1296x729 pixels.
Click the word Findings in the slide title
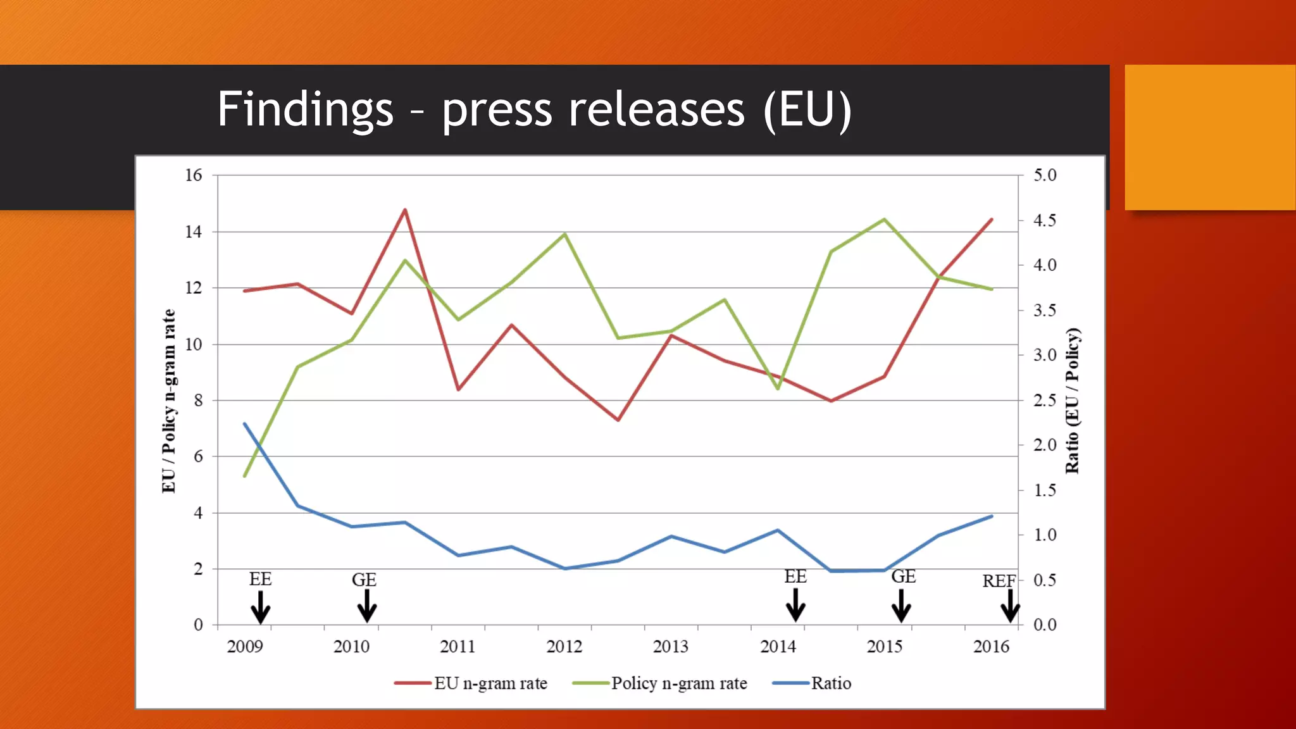pyautogui.click(x=305, y=109)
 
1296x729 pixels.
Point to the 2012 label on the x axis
pyautogui.click(x=564, y=646)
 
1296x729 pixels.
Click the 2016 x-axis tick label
pyautogui.click(x=991, y=646)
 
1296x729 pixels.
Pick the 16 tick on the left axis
pyautogui.click(x=194, y=175)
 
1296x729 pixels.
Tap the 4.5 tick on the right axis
pyautogui.click(x=1045, y=220)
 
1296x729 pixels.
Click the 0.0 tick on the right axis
pyautogui.click(x=1045, y=625)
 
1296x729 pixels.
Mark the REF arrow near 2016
pyautogui.click(x=1010, y=606)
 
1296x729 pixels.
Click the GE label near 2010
pyautogui.click(x=364, y=580)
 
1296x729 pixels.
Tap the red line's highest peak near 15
pyautogui.click(x=405, y=209)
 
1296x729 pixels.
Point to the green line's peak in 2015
pyautogui.click(x=884, y=220)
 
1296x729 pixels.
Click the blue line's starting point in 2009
pyautogui.click(x=245, y=424)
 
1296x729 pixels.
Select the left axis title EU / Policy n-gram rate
pyautogui.click(x=168, y=401)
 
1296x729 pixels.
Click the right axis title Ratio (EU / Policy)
pyautogui.click(x=1072, y=401)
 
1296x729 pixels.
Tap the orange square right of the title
pyautogui.click(x=1210, y=137)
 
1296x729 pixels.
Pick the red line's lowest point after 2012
pyautogui.click(x=618, y=420)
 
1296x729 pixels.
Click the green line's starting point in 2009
pyautogui.click(x=245, y=476)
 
